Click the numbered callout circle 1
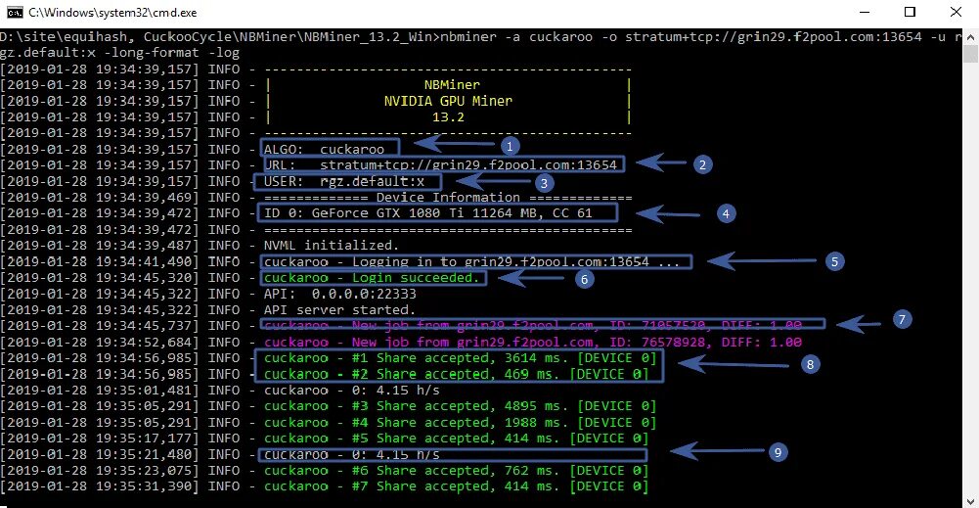click(507, 144)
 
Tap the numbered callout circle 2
click(700, 164)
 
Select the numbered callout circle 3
click(545, 182)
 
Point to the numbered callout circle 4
click(725, 211)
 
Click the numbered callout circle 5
click(834, 261)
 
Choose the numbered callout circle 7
click(903, 318)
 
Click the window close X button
click(955, 13)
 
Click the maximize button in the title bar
click(910, 13)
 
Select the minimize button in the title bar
click(865, 13)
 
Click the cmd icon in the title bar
click(13, 13)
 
